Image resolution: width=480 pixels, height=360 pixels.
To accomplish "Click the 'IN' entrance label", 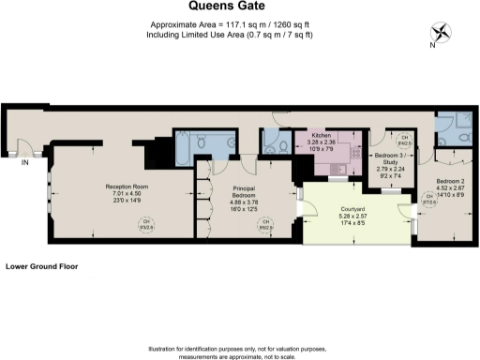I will [x=26, y=162].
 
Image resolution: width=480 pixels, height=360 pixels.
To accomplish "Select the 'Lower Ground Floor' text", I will [x=41, y=266].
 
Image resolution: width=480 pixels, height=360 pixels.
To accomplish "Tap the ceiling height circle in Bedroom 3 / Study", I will [x=404, y=141].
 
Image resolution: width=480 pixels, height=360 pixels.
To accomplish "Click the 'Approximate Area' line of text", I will [x=239, y=26].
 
